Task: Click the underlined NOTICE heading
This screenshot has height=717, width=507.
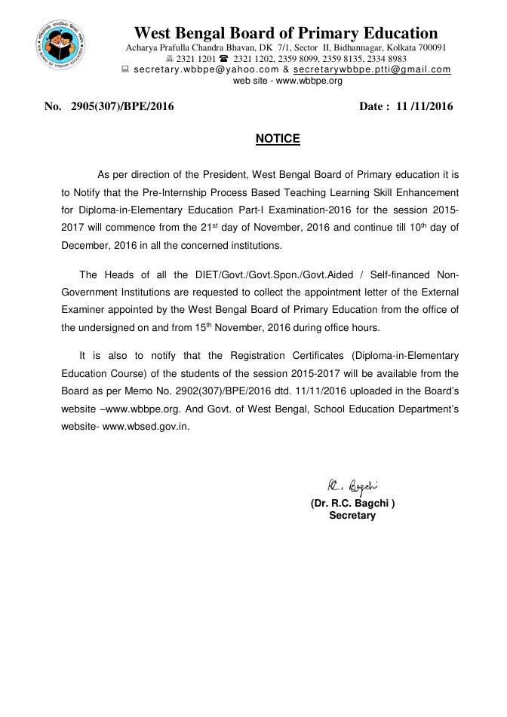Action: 278,139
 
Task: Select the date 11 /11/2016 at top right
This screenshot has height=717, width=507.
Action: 426,106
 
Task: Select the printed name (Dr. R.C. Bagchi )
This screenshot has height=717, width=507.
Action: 352,503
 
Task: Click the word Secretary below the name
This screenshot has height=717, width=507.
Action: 352,516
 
